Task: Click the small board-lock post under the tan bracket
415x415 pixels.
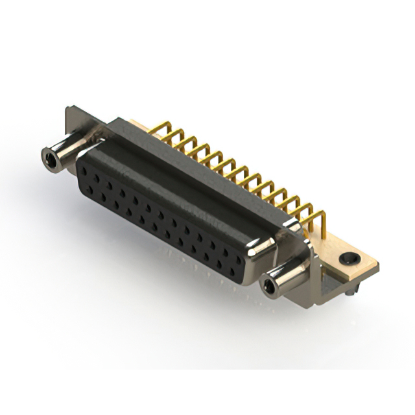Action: tap(350, 295)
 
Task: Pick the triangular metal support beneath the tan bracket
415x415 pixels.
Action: tap(334, 282)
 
